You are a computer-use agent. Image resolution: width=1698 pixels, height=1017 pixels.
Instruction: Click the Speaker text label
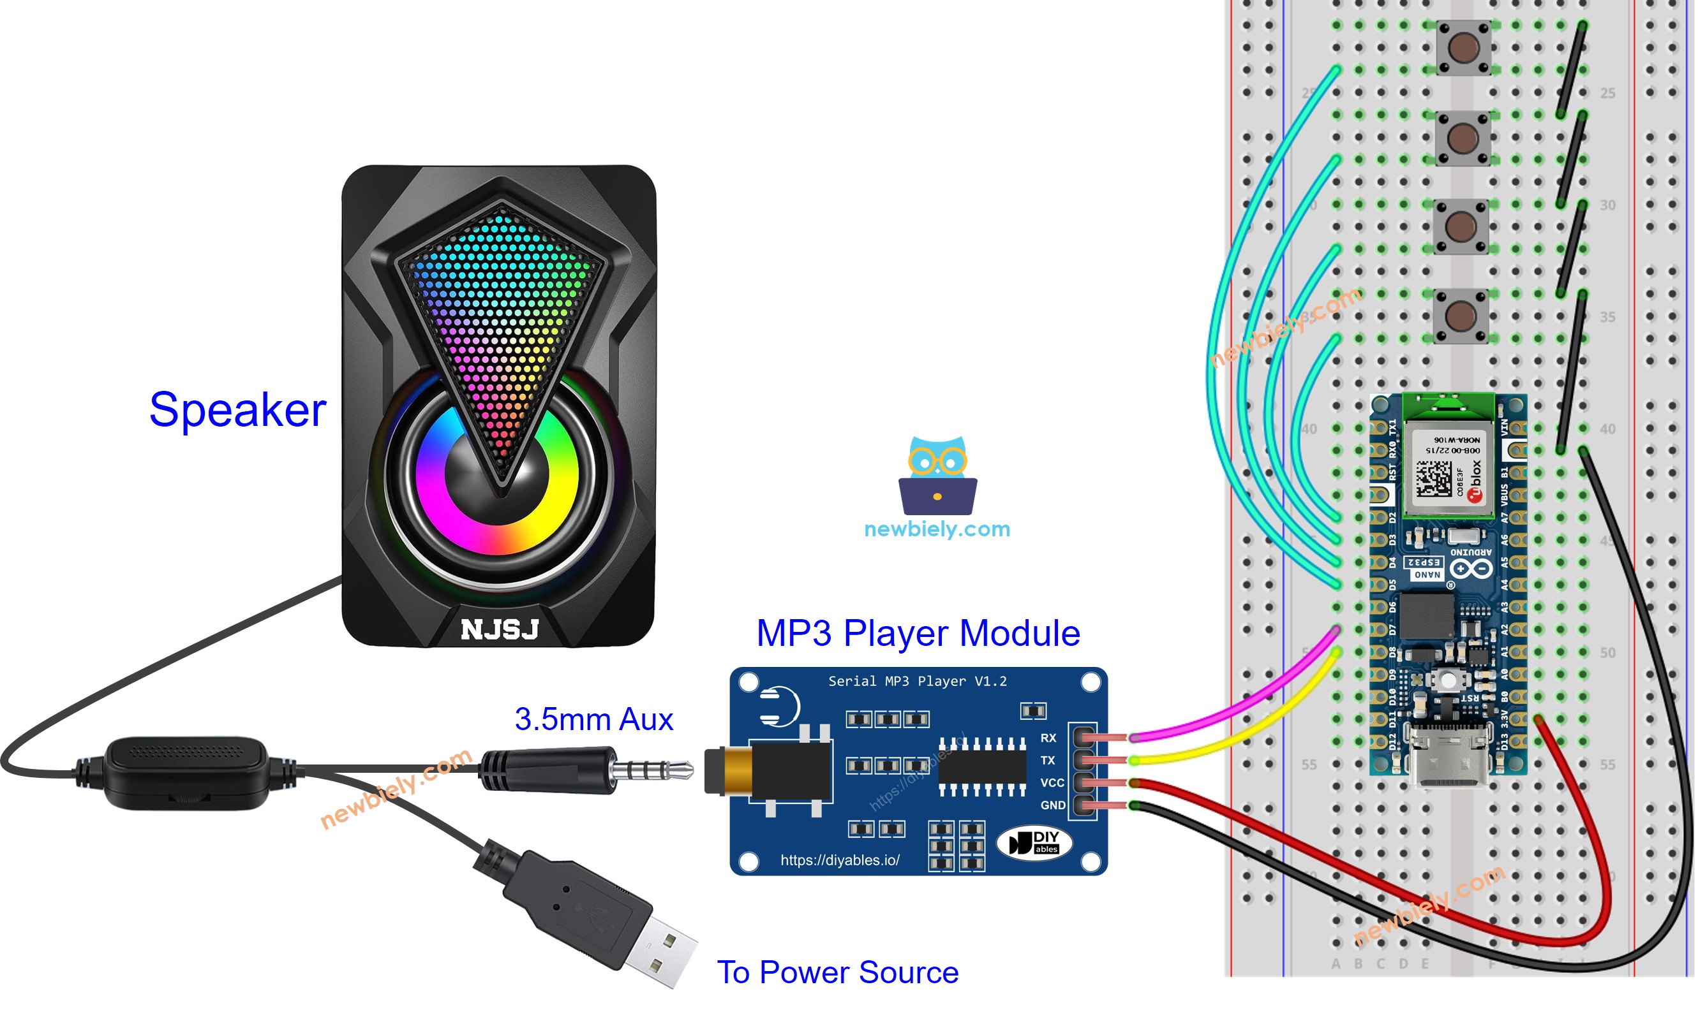237,410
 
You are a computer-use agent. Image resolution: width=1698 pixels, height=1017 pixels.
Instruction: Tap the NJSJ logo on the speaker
499,629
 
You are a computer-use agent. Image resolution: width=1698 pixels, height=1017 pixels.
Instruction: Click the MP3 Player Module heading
918,633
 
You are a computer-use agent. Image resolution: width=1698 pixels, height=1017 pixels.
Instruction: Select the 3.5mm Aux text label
593,719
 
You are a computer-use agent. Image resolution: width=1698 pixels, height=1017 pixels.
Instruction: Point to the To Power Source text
837,972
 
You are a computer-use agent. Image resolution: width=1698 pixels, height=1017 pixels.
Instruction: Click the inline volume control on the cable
185,772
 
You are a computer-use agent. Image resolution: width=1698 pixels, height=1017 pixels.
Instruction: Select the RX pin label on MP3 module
1048,738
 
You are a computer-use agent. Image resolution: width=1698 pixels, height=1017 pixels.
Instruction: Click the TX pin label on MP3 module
1047,760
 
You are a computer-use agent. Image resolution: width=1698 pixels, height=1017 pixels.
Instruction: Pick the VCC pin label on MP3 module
1052,782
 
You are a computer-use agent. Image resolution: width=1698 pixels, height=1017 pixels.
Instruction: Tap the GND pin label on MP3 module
1052,805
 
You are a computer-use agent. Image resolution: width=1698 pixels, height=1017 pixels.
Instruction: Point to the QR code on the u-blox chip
1433,478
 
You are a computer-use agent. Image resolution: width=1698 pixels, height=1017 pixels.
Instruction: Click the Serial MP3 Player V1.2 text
917,681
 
